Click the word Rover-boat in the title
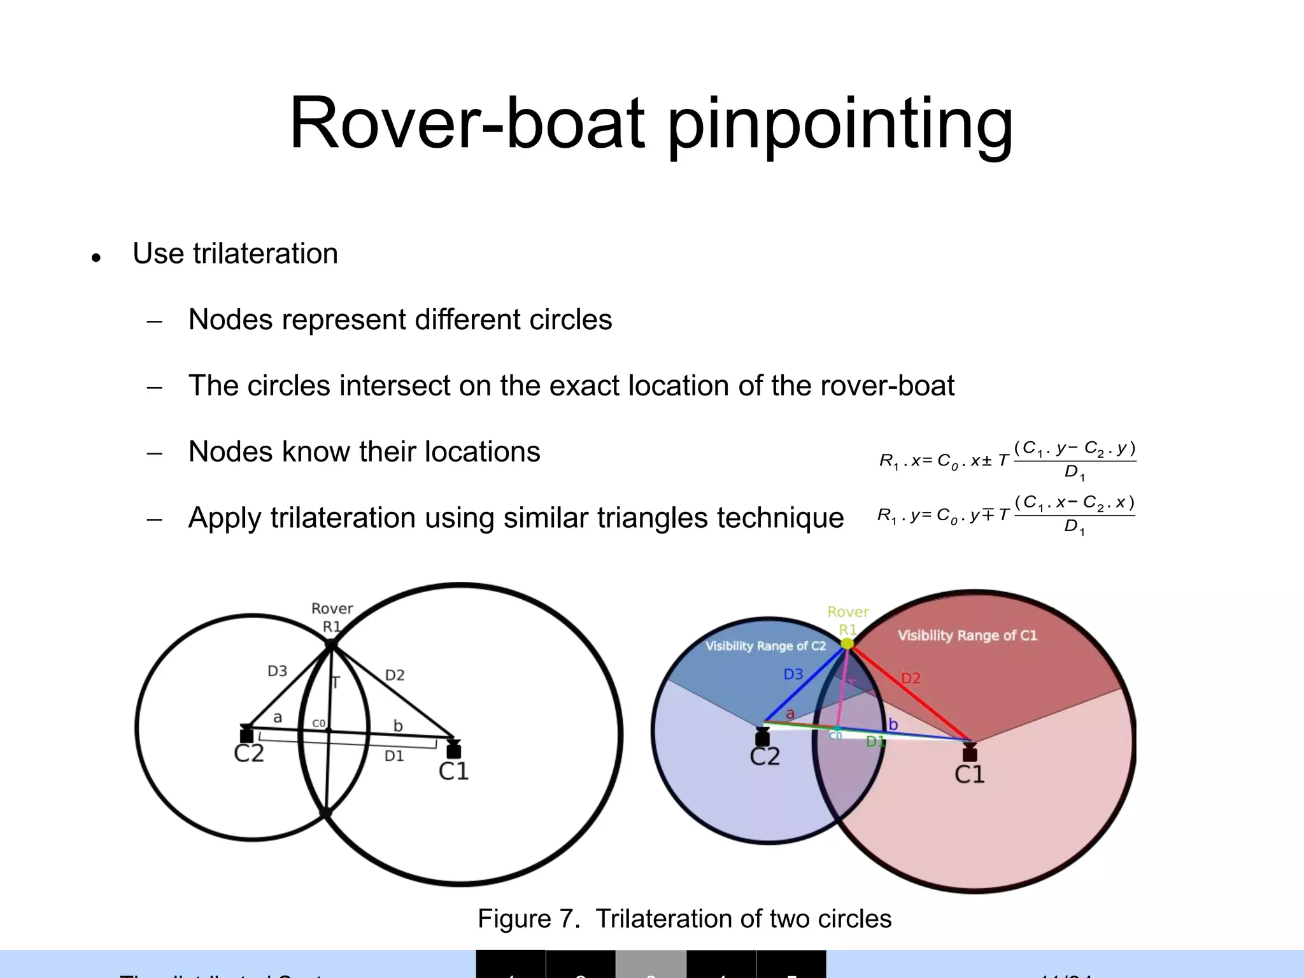pyautogui.click(x=467, y=123)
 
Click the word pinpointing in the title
pyautogui.click(x=840, y=125)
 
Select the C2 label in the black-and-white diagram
pyautogui.click(x=248, y=754)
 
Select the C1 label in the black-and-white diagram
pyautogui.click(x=453, y=772)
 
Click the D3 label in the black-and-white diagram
pyautogui.click(x=277, y=671)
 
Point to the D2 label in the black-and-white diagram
pyautogui.click(x=395, y=675)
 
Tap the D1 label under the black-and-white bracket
pyautogui.click(x=394, y=756)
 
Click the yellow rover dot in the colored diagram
pyautogui.click(x=847, y=644)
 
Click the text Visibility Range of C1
pyautogui.click(x=967, y=635)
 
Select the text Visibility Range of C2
pyautogui.click(x=765, y=646)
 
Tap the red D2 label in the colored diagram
pyautogui.click(x=911, y=679)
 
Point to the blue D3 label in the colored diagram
pyautogui.click(x=793, y=674)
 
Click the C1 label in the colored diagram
pyautogui.click(x=969, y=774)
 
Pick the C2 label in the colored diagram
pyautogui.click(x=765, y=757)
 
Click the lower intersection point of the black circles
pyautogui.click(x=325, y=813)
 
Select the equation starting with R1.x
pyautogui.click(x=1007, y=460)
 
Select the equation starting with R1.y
pyautogui.click(x=1006, y=515)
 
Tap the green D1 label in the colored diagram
pyautogui.click(x=875, y=741)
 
